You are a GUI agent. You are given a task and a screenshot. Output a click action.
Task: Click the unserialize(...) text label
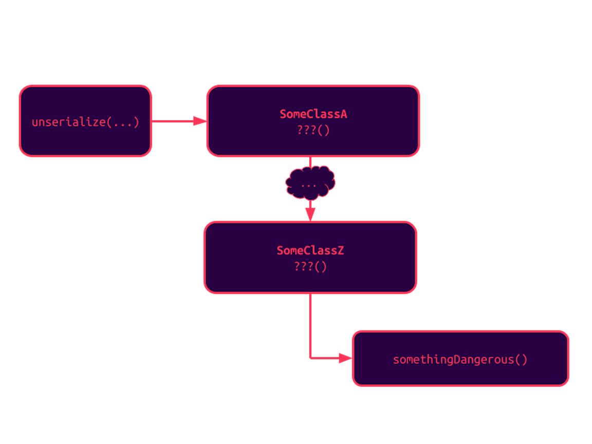tap(85, 122)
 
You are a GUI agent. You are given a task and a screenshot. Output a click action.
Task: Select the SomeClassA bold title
tap(313, 114)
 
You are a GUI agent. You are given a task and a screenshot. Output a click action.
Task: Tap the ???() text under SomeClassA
tap(313, 130)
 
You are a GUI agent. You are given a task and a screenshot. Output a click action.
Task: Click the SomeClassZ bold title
tap(310, 251)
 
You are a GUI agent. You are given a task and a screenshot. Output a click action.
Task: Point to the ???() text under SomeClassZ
tap(310, 267)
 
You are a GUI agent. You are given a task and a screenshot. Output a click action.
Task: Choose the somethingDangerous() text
tap(460, 360)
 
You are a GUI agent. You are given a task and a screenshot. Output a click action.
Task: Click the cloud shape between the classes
tap(310, 182)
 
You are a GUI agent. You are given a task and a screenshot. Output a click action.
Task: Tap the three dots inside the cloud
tap(309, 184)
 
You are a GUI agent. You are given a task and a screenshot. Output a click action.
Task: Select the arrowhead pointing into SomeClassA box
tap(200, 121)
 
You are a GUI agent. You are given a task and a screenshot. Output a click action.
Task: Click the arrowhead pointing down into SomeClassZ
tap(310, 214)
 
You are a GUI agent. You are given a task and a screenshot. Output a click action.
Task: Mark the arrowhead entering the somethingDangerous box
tap(345, 358)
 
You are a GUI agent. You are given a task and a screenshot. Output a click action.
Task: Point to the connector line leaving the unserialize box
tap(172, 121)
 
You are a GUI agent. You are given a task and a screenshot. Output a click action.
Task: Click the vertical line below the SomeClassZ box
tap(310, 324)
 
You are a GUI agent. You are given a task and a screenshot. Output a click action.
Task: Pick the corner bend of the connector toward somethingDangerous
tap(310, 358)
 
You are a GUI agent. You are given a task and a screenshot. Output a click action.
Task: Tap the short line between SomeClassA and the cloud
tap(310, 161)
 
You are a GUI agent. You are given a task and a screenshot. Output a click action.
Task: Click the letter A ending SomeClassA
tap(344, 114)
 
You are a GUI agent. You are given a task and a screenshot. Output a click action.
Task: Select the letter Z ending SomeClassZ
tap(341, 251)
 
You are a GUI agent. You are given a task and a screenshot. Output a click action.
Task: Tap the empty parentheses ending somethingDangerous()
tap(521, 360)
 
